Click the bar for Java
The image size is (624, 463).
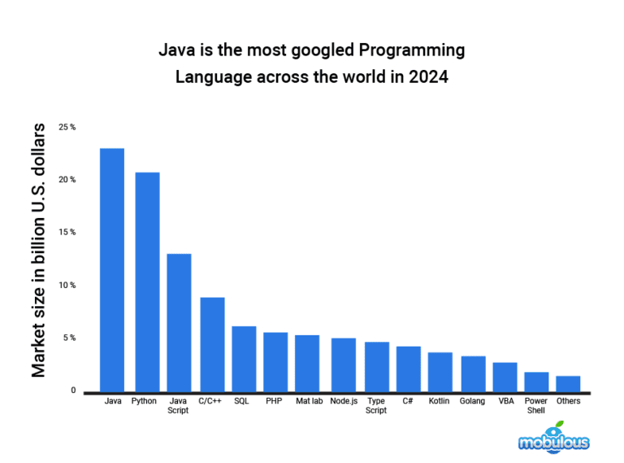[x=112, y=269]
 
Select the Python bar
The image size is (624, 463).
[x=147, y=282]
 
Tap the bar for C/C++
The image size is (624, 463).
[x=212, y=344]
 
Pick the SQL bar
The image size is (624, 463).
[x=244, y=358]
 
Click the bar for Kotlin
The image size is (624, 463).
[x=440, y=371]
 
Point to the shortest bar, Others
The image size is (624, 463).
[x=568, y=383]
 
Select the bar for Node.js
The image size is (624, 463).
[x=343, y=364]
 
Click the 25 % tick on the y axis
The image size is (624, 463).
[x=67, y=128]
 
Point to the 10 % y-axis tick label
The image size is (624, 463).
[x=67, y=286]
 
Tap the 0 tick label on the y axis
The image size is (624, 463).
[x=72, y=391]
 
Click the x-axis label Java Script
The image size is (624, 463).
[x=178, y=405]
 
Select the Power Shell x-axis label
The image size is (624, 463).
[x=535, y=405]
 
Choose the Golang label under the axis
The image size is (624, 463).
[x=472, y=401]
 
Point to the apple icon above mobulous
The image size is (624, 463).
[x=557, y=426]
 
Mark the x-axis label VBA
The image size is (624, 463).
[x=505, y=401]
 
